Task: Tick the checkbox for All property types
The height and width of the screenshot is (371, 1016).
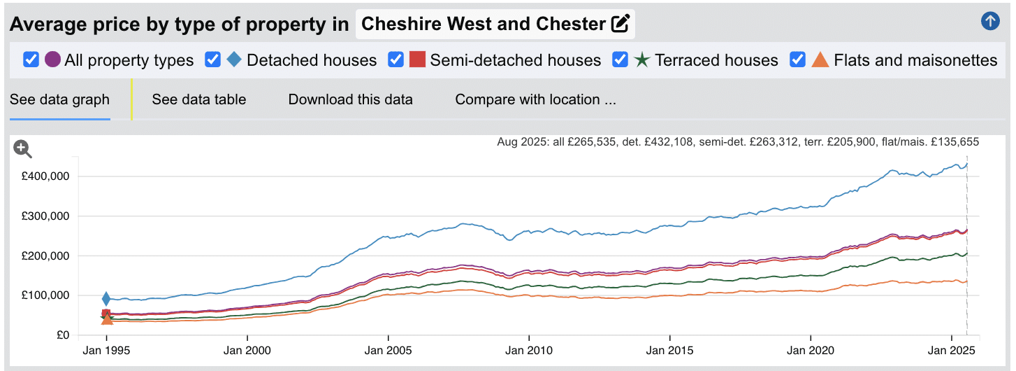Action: point(31,59)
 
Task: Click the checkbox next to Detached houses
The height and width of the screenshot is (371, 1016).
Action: point(213,59)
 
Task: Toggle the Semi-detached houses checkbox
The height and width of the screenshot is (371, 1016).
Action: point(396,59)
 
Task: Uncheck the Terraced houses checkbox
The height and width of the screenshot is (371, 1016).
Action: point(621,59)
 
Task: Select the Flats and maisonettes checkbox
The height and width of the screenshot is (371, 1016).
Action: point(798,59)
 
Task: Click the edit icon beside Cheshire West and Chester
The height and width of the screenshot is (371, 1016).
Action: point(620,24)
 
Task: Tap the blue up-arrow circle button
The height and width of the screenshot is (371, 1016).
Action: point(990,21)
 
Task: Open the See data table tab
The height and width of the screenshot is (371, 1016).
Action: point(199,99)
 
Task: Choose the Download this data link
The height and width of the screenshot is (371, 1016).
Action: point(350,99)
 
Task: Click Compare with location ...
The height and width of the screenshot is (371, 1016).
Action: point(535,99)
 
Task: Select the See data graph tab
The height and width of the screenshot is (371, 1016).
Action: point(59,99)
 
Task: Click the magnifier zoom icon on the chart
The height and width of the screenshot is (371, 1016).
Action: point(23,148)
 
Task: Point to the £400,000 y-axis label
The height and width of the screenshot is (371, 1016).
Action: point(45,176)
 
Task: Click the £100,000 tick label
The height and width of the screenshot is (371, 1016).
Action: point(45,295)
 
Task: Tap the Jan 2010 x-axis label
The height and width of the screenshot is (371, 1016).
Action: point(529,349)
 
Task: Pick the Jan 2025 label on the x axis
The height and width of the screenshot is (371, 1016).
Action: point(952,349)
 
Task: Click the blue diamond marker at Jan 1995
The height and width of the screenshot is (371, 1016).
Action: point(106,300)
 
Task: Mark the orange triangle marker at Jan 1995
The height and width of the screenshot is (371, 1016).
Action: point(107,318)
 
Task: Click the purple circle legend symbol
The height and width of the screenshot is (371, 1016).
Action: point(52,59)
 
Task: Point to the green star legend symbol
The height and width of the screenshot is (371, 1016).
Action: point(641,59)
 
